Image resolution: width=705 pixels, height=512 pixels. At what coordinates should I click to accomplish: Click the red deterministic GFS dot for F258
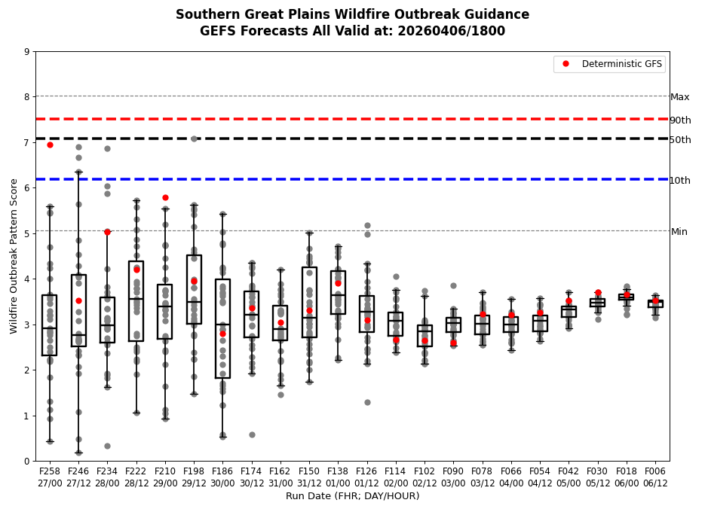coord(50,145)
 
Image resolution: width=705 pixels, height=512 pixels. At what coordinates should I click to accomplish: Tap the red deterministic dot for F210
coord(165,197)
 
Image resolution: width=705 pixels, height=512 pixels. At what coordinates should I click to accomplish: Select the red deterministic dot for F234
coord(107,232)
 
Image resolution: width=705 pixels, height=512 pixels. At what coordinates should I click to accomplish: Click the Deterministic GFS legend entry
coord(621,64)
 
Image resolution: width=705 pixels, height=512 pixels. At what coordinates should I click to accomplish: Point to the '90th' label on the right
coord(680,120)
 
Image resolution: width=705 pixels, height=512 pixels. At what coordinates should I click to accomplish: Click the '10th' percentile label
coord(680,181)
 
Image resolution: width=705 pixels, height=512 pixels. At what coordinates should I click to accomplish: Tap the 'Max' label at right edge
coord(679,97)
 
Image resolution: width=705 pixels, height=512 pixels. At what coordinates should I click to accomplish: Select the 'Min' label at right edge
coord(679,232)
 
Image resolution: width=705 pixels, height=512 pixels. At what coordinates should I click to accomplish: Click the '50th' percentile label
coord(680,140)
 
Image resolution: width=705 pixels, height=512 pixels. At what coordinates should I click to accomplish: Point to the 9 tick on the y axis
coord(27,52)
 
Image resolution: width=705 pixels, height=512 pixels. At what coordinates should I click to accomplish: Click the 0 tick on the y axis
coord(27,461)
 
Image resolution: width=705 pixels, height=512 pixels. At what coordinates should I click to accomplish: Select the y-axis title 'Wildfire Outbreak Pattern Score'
coord(14,256)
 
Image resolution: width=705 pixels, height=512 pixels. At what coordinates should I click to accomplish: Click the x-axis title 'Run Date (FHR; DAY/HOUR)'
coord(352,496)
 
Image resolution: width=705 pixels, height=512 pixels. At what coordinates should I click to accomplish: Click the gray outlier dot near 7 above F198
coord(194,139)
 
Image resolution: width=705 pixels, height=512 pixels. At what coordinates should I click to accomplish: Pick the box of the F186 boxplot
coord(222,328)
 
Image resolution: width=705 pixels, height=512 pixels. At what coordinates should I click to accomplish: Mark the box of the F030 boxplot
coord(597,303)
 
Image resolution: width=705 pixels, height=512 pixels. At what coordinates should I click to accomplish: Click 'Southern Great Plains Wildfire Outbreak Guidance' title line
coord(352,14)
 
